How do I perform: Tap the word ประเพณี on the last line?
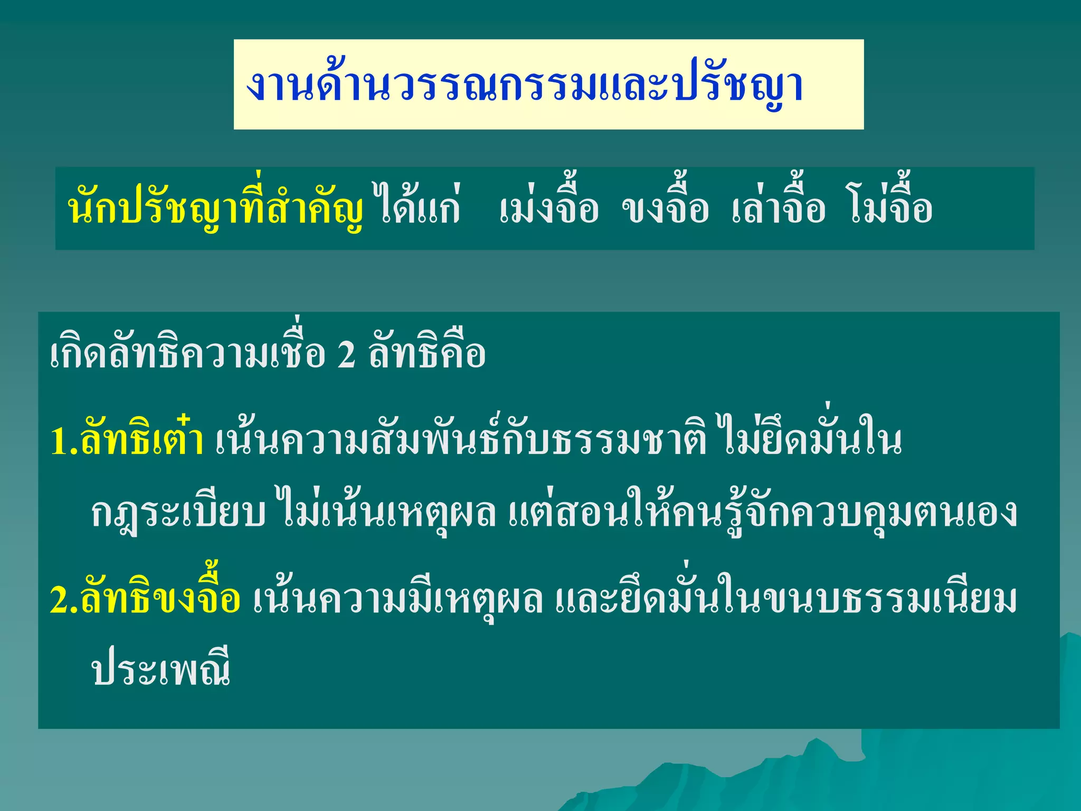click(x=161, y=671)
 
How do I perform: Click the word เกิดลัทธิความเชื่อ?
click(x=187, y=354)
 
